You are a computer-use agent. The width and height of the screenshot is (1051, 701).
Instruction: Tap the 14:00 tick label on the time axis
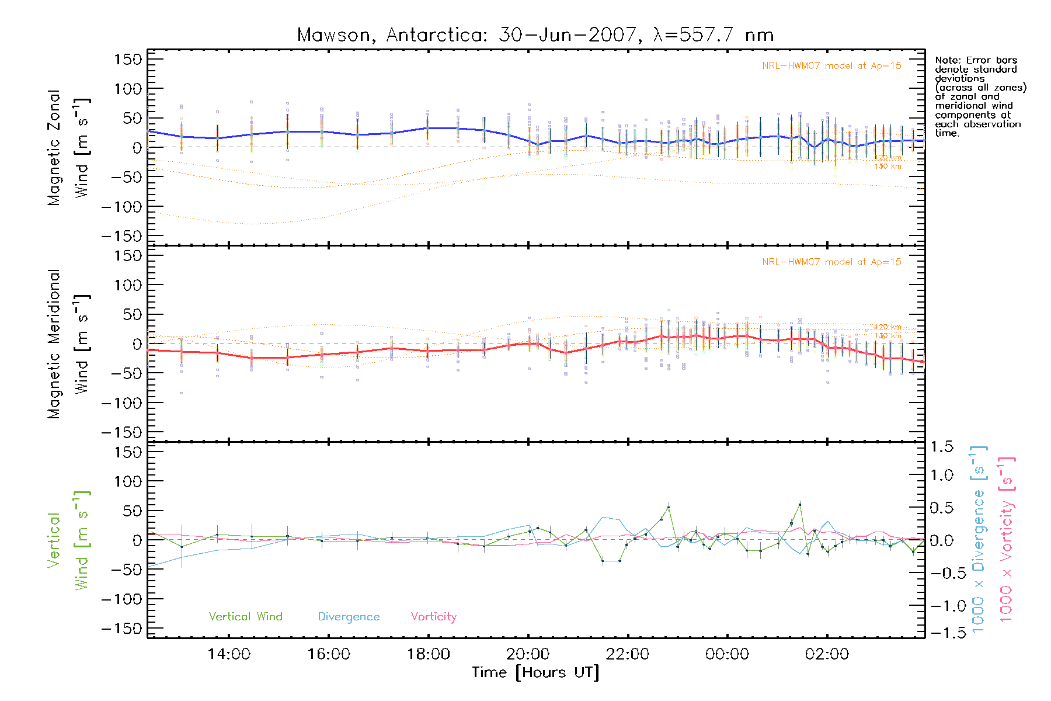click(229, 654)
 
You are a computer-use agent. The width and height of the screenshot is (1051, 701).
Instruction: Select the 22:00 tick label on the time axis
click(627, 654)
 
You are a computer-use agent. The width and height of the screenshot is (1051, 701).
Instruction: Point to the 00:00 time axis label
click(727, 654)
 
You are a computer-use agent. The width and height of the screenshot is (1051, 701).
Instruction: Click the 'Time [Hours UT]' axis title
click(535, 672)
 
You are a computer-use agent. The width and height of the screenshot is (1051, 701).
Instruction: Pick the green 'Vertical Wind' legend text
click(245, 616)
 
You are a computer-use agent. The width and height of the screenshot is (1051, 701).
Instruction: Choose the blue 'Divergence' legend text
click(349, 616)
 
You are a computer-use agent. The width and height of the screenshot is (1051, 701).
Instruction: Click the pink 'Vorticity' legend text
click(433, 616)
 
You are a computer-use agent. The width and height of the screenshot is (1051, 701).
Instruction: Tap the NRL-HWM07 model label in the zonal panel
click(831, 66)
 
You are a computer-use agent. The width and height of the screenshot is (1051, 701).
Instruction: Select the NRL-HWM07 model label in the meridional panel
click(831, 262)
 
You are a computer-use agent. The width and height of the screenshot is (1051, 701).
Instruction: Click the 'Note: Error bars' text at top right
click(976, 60)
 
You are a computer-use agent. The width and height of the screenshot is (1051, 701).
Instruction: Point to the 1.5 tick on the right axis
click(941, 447)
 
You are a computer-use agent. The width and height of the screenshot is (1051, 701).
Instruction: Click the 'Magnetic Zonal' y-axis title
click(54, 148)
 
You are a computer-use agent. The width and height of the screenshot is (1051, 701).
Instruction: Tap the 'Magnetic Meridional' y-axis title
click(54, 344)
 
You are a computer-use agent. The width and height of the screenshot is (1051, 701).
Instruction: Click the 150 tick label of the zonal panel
click(128, 60)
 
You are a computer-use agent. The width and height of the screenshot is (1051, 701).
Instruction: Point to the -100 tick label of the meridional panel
click(122, 403)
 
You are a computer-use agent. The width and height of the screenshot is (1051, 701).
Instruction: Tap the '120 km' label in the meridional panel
click(888, 327)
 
